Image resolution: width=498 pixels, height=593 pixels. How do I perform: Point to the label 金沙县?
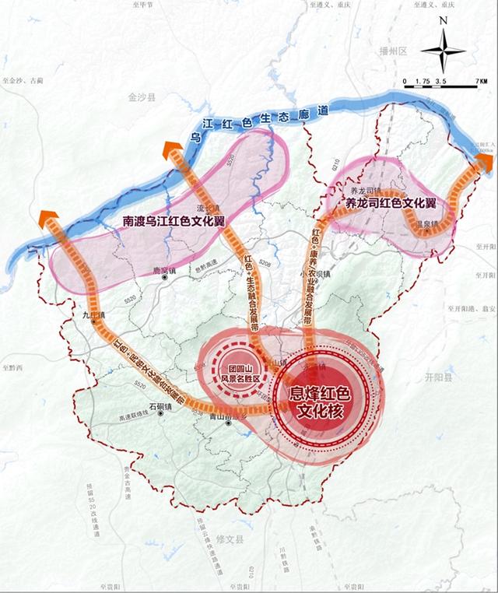click(x=143, y=98)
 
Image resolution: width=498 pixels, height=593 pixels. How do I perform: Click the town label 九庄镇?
click(x=93, y=316)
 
